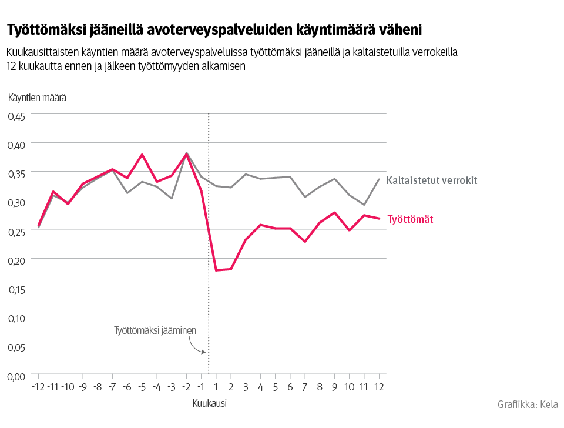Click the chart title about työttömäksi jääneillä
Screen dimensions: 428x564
point(214,29)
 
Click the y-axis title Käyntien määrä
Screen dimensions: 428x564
point(36,98)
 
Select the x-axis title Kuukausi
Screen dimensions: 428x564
point(209,404)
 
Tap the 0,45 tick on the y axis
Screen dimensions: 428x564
point(16,116)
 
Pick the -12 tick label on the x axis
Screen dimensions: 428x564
point(38,387)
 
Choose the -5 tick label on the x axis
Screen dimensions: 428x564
point(142,387)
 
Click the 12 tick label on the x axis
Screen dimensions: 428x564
point(378,387)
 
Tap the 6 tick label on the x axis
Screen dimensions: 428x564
point(290,387)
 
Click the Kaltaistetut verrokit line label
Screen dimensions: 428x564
point(432,180)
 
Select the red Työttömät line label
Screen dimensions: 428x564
point(410,219)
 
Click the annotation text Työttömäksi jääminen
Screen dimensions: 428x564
point(155,330)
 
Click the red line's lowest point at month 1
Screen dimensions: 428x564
point(216,270)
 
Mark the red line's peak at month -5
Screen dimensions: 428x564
point(142,155)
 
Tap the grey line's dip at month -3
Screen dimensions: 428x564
point(172,198)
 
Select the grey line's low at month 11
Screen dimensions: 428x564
point(364,205)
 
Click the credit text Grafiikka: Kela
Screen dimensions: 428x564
point(527,404)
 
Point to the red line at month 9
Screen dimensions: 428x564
point(334,212)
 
